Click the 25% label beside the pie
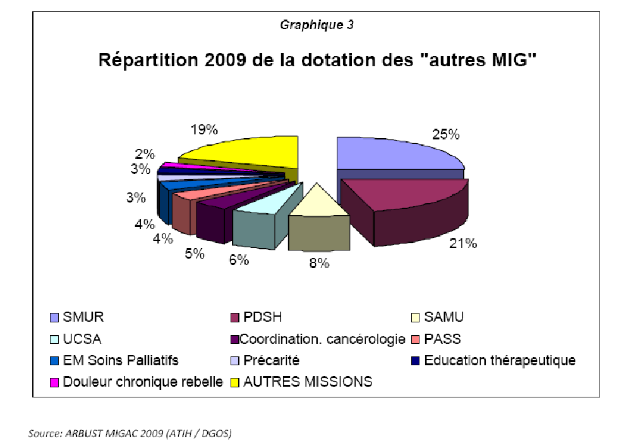pyautogui.click(x=445, y=134)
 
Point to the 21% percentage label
pyautogui.click(x=462, y=244)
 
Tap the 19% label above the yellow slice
pyautogui.click(x=204, y=130)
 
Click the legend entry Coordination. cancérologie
pyautogui.click(x=322, y=339)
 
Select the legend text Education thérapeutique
pyautogui.click(x=499, y=361)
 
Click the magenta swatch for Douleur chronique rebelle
pyautogui.click(x=54, y=382)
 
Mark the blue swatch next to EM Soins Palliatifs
pyautogui.click(x=54, y=361)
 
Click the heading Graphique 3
pyautogui.click(x=316, y=26)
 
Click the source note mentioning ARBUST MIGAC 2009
pyautogui.click(x=130, y=433)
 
